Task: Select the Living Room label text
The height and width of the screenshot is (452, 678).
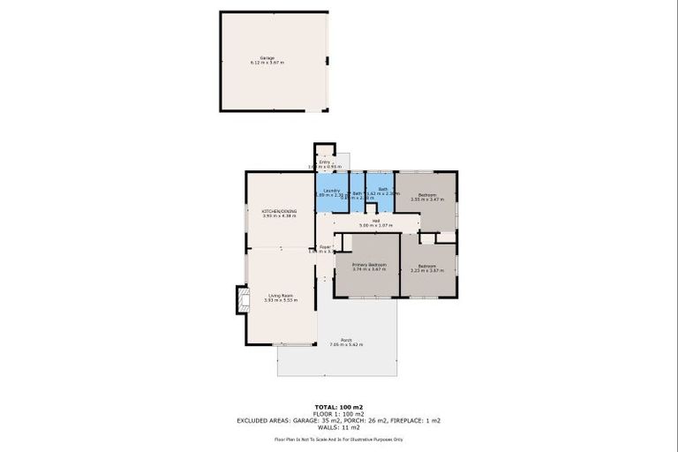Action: (280, 296)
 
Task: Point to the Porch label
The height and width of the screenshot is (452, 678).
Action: (346, 340)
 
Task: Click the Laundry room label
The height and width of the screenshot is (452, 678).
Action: (332, 190)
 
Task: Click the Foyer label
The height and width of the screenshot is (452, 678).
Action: (324, 247)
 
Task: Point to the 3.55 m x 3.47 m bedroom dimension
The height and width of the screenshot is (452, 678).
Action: (426, 200)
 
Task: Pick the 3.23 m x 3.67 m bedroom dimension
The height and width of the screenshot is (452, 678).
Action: (426, 270)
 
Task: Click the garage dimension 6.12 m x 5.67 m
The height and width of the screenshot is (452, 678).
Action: (267, 64)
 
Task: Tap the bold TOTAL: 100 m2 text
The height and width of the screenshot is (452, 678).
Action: (339, 405)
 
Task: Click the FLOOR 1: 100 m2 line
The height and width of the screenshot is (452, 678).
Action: (339, 413)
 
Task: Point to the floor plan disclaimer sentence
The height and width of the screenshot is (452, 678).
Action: (339, 439)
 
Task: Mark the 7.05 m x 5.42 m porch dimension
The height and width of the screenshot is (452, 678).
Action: (346, 345)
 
